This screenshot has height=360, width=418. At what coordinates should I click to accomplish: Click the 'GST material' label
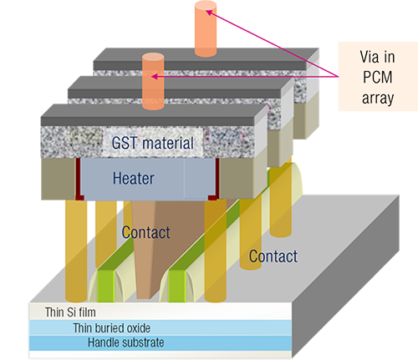tap(152, 143)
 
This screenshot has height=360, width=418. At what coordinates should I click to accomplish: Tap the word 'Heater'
tap(133, 178)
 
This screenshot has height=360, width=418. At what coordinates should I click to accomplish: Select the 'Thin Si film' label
tap(70, 312)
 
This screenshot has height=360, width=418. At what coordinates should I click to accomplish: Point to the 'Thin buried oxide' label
tap(112, 328)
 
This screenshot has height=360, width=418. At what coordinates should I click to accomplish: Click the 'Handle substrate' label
tap(126, 342)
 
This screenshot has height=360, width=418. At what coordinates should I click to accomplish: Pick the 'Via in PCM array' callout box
tap(378, 77)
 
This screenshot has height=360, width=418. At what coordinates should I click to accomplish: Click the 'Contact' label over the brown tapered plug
tap(145, 232)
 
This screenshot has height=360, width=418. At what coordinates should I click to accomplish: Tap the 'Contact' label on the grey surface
tap(273, 256)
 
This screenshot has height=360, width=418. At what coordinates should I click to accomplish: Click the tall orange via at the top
tap(206, 28)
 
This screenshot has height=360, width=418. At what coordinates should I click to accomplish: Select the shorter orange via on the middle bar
tap(153, 82)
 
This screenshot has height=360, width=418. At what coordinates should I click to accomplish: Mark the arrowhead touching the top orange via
tap(209, 13)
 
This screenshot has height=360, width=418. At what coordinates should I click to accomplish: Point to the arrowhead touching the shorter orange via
tap(154, 76)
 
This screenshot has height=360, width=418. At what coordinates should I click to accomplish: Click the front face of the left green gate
tap(106, 286)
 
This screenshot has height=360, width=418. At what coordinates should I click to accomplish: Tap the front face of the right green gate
tap(177, 286)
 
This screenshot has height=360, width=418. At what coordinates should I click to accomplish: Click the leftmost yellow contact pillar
tap(76, 251)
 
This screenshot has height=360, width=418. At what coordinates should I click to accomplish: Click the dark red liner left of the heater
tap(78, 179)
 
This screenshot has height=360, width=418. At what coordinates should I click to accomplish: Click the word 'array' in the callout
tap(378, 98)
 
